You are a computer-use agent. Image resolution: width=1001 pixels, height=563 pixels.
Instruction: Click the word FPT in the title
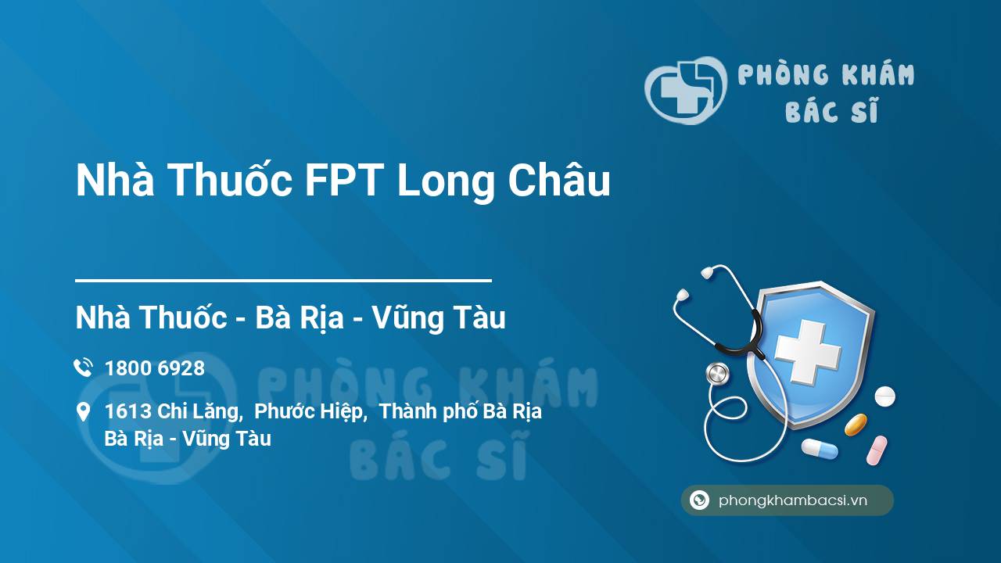click(x=344, y=180)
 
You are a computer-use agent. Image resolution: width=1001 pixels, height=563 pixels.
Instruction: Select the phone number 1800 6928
click(x=155, y=368)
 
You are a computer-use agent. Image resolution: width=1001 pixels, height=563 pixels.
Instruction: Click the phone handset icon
click(x=83, y=368)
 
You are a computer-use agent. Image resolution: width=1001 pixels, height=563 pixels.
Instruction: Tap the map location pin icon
click(x=83, y=412)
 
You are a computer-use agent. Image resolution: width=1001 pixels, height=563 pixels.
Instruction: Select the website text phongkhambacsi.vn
click(x=793, y=500)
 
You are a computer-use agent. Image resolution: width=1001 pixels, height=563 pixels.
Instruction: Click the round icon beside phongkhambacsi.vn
click(x=699, y=500)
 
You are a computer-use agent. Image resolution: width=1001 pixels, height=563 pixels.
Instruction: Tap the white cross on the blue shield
click(x=808, y=352)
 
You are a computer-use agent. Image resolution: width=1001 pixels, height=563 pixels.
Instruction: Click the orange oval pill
click(x=856, y=425)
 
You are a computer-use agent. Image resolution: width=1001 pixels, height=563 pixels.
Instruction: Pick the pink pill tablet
click(x=877, y=450)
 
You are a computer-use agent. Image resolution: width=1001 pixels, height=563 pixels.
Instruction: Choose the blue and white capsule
click(x=820, y=449)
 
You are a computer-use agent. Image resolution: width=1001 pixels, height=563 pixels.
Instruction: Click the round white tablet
click(x=884, y=396)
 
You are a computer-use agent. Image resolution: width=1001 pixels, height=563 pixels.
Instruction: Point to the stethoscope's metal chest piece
click(x=717, y=374)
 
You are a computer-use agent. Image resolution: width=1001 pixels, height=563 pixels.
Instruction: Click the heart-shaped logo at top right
click(x=686, y=90)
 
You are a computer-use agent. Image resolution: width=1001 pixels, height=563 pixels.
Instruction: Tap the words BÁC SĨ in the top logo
click(x=832, y=110)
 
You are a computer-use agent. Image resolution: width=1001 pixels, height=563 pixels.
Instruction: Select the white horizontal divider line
click(x=283, y=281)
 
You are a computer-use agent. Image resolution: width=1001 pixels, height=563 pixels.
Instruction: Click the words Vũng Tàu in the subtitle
click(x=439, y=317)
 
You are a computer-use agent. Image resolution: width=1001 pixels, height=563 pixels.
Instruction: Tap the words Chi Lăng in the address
click(x=199, y=411)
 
